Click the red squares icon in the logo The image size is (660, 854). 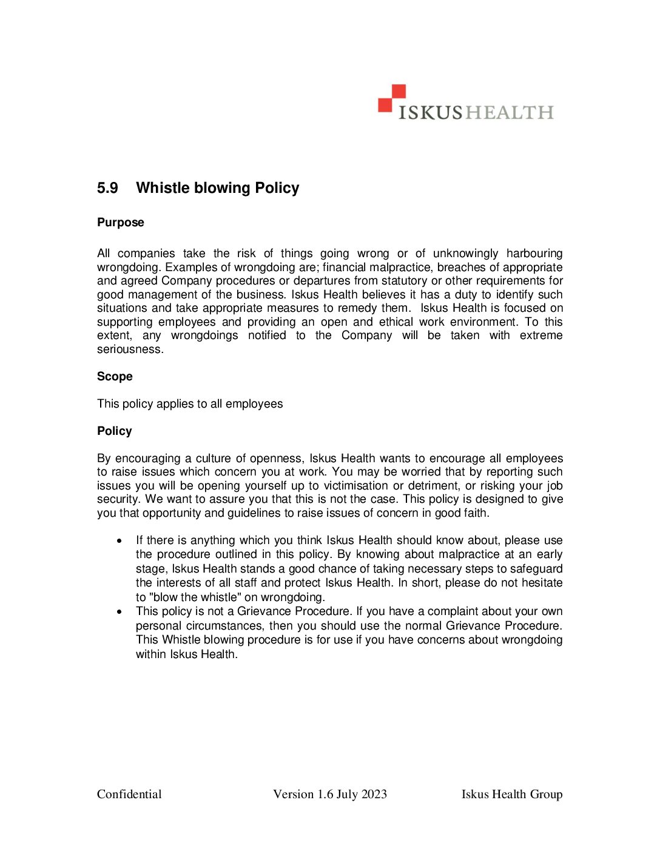[392, 98]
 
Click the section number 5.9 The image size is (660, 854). [107, 188]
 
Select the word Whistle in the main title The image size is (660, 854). [163, 188]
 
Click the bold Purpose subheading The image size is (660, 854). [121, 223]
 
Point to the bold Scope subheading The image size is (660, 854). [115, 377]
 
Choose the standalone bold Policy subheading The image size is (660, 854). [115, 431]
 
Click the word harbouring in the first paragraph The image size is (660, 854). [534, 254]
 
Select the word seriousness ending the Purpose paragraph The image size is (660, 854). [130, 349]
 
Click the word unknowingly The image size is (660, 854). [465, 254]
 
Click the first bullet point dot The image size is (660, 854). [120, 540]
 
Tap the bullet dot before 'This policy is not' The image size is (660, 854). [120, 611]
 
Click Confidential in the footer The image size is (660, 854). [129, 795]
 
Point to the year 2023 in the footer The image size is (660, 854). [374, 795]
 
